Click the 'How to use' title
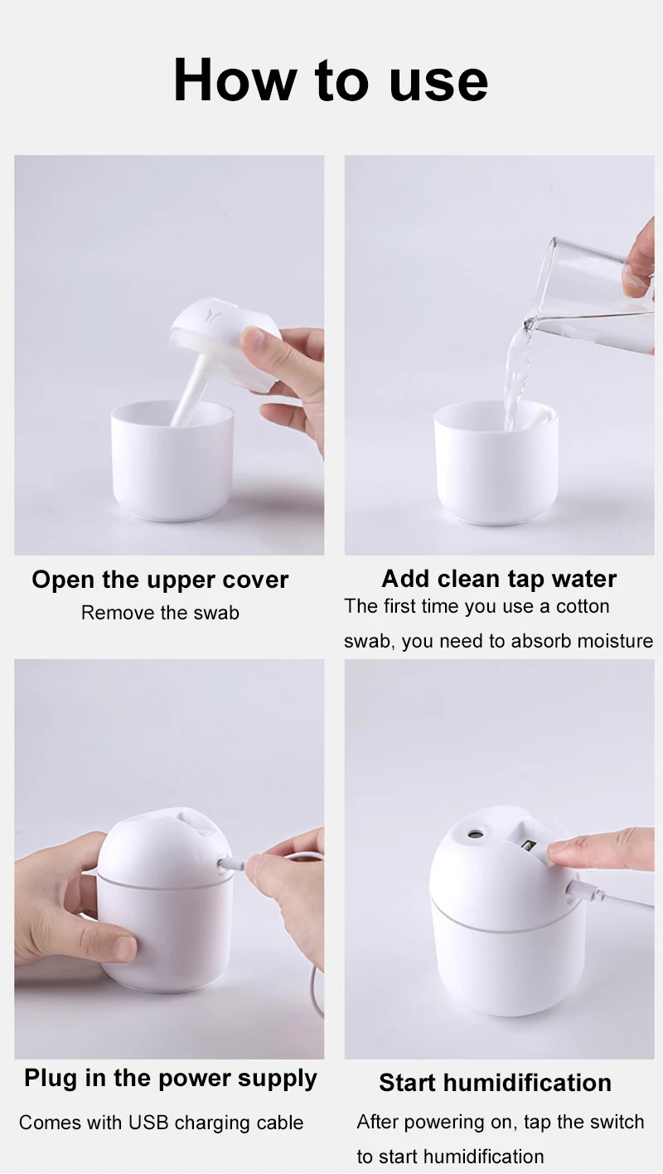coord(331,80)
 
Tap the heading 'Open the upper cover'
coord(160,580)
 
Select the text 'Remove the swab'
coord(160,613)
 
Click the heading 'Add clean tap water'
coord(499,580)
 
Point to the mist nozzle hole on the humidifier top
coord(476,832)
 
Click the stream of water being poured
coord(515,378)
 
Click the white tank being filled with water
coord(496,463)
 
